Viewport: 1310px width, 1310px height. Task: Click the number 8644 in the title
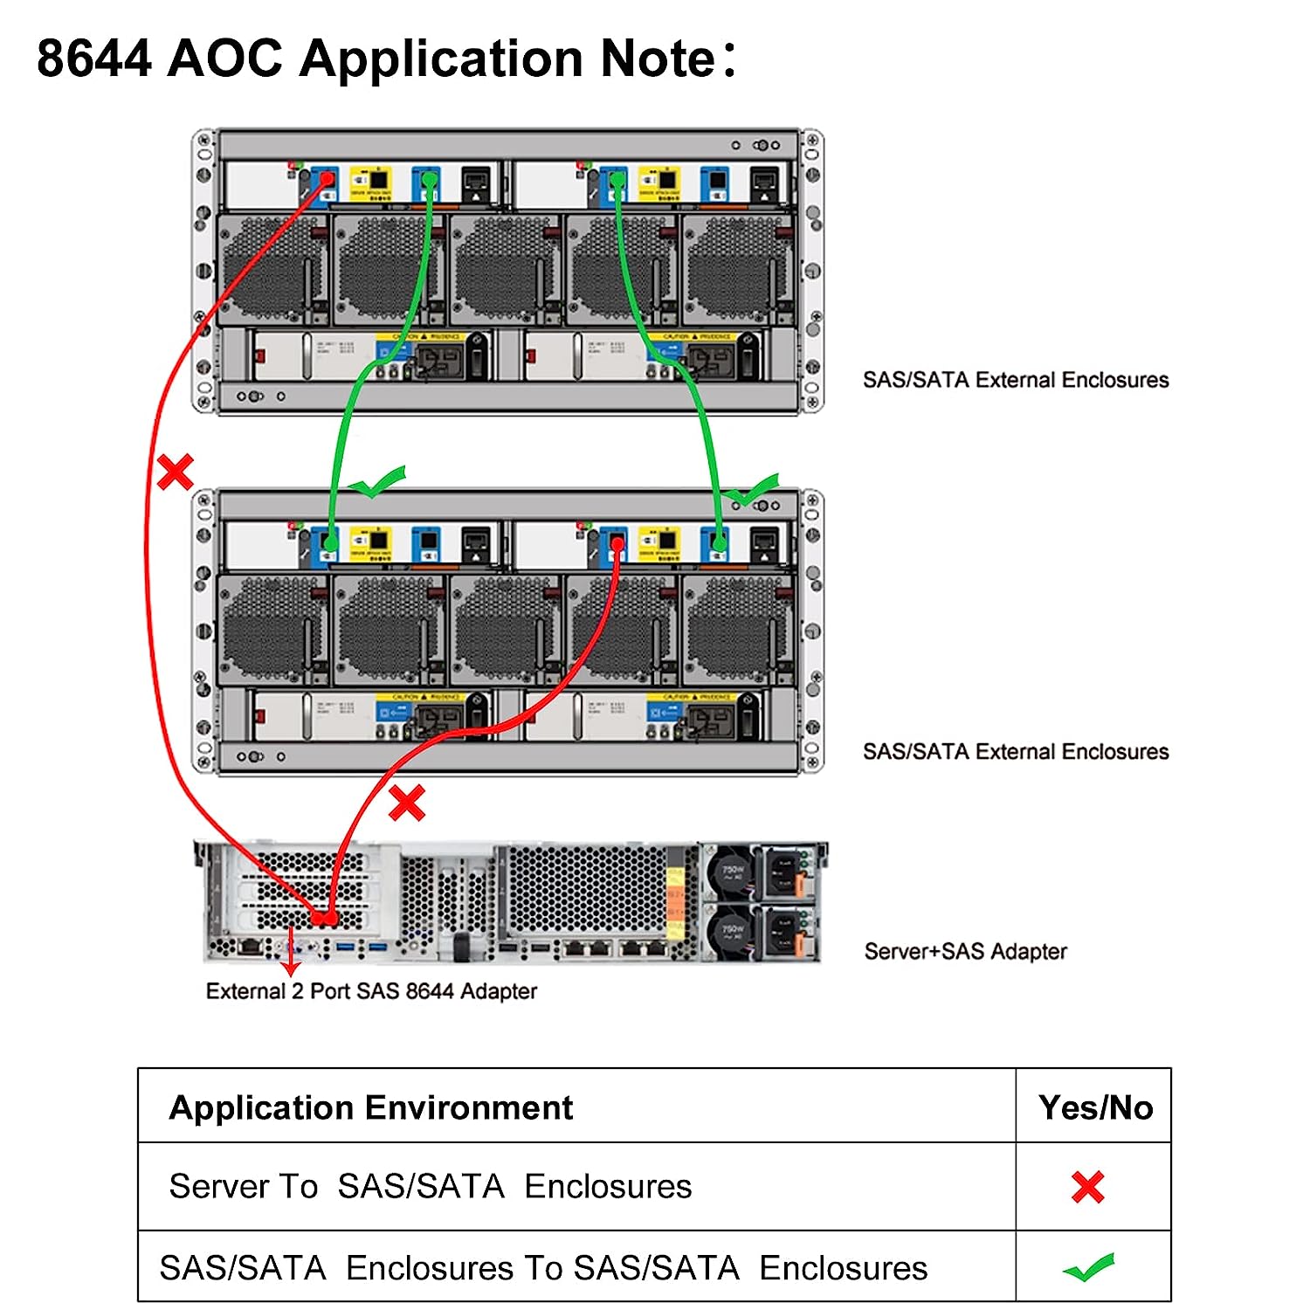click(x=94, y=59)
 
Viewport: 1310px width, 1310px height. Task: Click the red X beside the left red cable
click(x=175, y=472)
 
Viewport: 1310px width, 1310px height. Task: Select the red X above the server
click(x=407, y=803)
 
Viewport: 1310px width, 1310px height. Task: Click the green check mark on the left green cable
click(x=379, y=481)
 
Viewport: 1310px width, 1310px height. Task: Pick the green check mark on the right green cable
click(x=752, y=491)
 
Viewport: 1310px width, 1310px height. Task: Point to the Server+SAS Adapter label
click(x=965, y=951)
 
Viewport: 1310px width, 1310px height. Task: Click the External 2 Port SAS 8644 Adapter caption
click(x=371, y=991)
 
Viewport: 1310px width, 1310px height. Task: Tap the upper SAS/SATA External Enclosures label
click(x=1016, y=380)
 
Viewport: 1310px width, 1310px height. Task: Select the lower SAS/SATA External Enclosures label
click(x=1016, y=752)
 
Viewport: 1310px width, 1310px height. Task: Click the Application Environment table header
click(x=371, y=1107)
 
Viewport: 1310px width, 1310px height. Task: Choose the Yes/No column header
click(x=1095, y=1107)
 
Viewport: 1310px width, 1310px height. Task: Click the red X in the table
click(x=1088, y=1187)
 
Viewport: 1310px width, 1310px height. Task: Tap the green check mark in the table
click(x=1089, y=1267)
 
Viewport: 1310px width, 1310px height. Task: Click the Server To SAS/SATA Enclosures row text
click(x=430, y=1187)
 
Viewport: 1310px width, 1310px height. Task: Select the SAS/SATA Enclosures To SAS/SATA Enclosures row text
click(x=543, y=1268)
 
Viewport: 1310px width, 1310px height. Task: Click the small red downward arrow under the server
click(x=291, y=961)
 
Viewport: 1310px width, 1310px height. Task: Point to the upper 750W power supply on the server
click(x=734, y=872)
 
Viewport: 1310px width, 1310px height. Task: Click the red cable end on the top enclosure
click(x=327, y=178)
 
